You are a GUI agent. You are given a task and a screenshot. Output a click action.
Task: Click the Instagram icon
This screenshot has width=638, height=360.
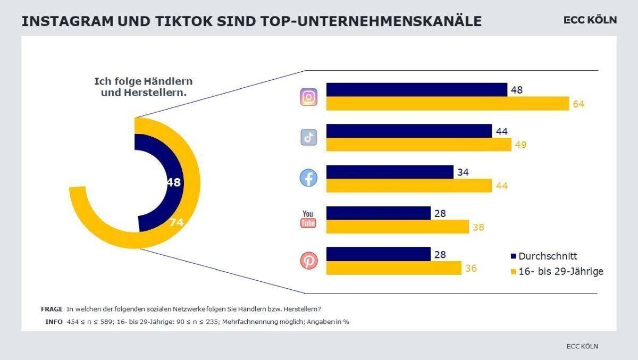point(309,97)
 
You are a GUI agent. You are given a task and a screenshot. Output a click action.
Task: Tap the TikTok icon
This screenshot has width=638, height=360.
point(309,138)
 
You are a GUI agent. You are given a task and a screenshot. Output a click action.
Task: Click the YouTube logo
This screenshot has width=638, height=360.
point(308,219)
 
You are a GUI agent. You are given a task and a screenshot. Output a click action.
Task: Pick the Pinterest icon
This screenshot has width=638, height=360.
point(309,261)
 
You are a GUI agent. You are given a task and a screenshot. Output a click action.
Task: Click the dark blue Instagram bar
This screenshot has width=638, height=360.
point(416,90)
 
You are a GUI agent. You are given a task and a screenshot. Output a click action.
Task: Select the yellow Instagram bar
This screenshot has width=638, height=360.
point(447,104)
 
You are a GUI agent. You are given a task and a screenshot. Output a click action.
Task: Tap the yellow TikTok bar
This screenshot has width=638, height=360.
point(418,145)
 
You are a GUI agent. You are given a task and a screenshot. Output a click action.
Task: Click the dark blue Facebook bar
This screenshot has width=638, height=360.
point(390,172)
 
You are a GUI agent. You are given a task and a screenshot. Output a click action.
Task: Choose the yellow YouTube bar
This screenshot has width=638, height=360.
point(398,227)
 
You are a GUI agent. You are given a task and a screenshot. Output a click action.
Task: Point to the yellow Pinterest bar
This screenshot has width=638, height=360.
point(393,268)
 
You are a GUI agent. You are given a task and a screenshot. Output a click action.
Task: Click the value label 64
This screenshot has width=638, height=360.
point(578,104)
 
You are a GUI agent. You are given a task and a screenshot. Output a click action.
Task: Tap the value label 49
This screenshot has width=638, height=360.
point(521,145)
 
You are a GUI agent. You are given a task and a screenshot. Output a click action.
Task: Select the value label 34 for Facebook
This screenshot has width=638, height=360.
point(463,172)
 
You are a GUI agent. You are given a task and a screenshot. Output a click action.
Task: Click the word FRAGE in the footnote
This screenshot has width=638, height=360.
point(52,309)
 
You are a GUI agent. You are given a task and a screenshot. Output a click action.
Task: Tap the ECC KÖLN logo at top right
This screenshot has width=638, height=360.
point(590,20)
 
